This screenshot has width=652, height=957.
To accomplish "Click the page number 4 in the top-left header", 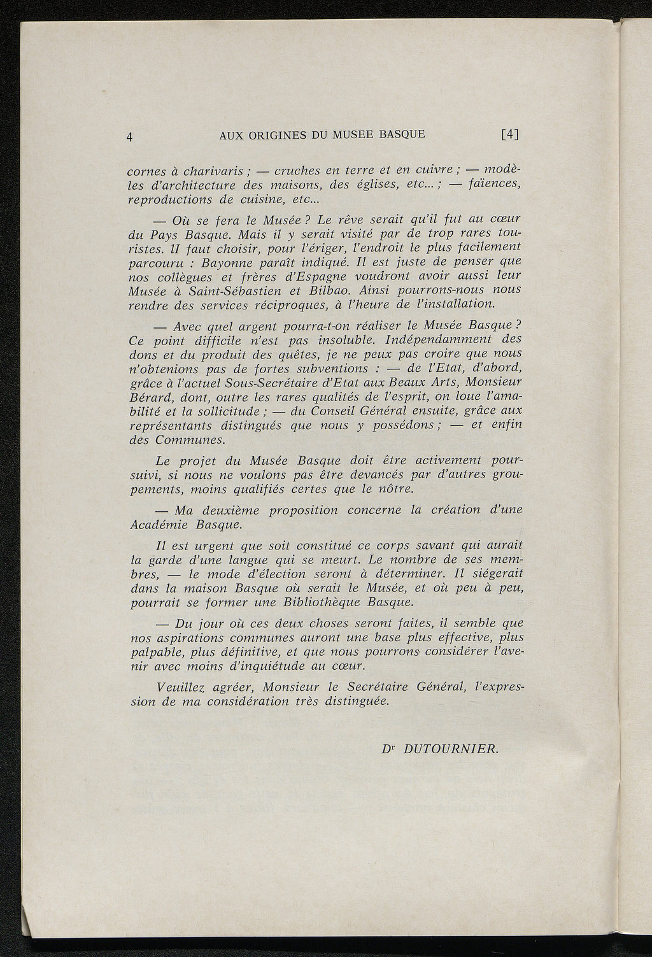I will (130, 136).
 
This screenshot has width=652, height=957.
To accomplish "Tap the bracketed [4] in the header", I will (510, 135).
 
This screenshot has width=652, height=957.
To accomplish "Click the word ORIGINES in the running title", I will (273, 135).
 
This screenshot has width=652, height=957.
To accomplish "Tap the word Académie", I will (159, 525).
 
